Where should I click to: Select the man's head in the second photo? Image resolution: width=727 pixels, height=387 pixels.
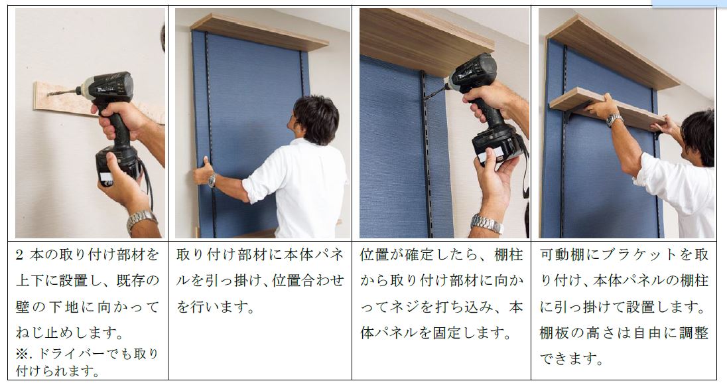pos(315,120)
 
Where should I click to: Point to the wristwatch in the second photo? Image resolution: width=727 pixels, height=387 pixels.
pos(212,181)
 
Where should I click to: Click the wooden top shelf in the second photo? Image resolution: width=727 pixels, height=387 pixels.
pos(259,32)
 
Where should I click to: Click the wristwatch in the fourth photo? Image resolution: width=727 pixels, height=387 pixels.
pos(614,120)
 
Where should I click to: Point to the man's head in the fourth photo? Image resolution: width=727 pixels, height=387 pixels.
pos(697,137)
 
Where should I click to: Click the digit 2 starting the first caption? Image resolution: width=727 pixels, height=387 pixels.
pos(19,255)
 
